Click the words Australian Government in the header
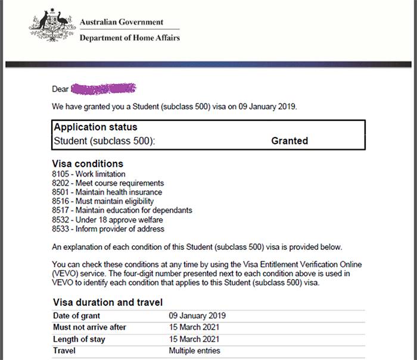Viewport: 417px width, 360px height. click(x=121, y=22)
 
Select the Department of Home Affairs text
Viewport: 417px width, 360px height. click(x=129, y=37)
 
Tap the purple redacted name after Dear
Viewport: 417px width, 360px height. click(x=104, y=89)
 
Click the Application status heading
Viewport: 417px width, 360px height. click(x=95, y=127)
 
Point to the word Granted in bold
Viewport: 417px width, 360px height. click(x=290, y=141)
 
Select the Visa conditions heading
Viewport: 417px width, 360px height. click(x=88, y=164)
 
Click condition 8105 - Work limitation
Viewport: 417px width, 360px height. click(x=89, y=174)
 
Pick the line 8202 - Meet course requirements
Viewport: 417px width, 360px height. click(x=108, y=183)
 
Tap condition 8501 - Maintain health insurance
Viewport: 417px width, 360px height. click(x=107, y=192)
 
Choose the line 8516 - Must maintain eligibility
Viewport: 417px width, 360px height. click(x=102, y=202)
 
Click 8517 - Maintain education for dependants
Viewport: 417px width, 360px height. click(x=122, y=211)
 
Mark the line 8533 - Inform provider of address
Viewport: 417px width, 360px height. click(x=108, y=229)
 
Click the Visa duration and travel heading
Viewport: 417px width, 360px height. click(x=108, y=302)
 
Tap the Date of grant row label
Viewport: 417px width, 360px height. click(x=77, y=316)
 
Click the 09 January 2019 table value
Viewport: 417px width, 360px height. click(x=197, y=316)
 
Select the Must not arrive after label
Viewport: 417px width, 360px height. click(x=89, y=327)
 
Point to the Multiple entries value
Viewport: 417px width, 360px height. click(x=194, y=350)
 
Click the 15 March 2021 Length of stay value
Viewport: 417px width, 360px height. click(x=194, y=339)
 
